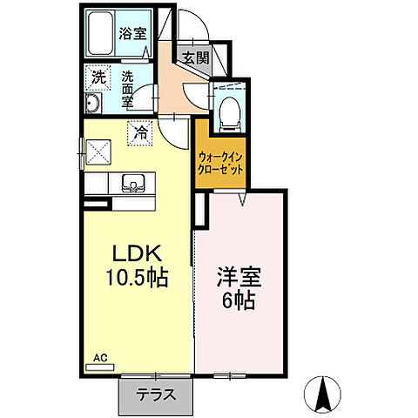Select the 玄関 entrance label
coord(195,59)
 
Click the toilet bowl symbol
coord(229,110)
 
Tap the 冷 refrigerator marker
coord(140,133)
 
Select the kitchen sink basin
coord(133,182)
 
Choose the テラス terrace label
coord(155,394)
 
